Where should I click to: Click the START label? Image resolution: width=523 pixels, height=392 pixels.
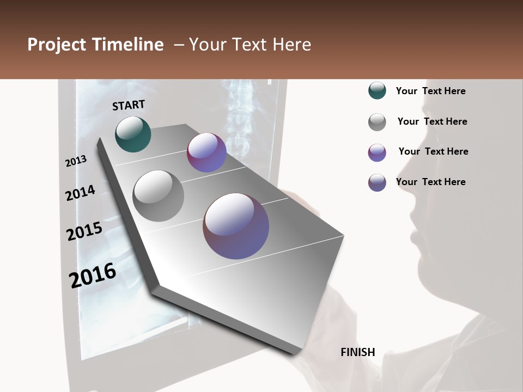click(129, 105)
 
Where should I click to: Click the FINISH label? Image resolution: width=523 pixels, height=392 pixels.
click(357, 352)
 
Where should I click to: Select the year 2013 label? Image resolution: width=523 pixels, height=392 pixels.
click(76, 161)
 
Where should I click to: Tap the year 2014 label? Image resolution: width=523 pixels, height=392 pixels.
click(80, 193)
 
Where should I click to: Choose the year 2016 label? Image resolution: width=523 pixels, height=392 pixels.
click(93, 275)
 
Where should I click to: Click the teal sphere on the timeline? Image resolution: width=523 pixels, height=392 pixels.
click(133, 134)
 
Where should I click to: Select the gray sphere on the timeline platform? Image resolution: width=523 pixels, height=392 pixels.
click(158, 195)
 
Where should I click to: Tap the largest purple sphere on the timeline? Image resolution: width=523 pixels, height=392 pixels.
click(236, 226)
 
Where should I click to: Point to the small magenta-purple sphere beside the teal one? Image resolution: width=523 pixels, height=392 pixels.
click(206, 152)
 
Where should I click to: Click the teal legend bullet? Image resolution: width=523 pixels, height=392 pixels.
click(377, 91)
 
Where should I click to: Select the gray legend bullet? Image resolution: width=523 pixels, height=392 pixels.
click(377, 122)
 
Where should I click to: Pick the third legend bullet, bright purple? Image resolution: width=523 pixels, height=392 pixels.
click(377, 152)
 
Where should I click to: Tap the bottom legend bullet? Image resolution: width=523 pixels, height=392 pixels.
click(377, 182)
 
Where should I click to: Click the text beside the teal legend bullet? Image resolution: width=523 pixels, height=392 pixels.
click(430, 91)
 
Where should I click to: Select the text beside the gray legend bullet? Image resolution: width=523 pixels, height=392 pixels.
click(432, 121)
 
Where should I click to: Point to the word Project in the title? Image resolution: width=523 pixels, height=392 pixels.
click(56, 45)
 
